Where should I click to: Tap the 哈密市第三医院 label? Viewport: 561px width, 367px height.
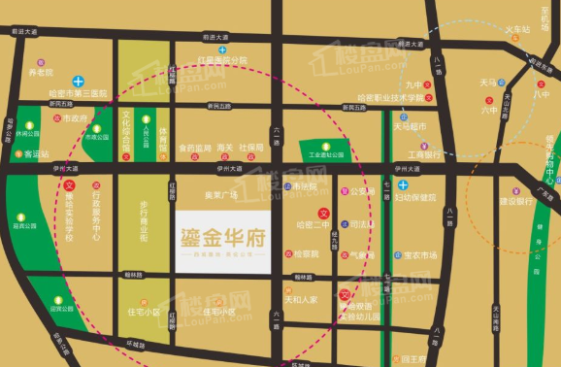[77, 93]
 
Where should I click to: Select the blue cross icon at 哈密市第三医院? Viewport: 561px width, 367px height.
[90, 81]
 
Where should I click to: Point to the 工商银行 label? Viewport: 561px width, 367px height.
[424, 153]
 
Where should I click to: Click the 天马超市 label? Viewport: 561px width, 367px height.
[410, 126]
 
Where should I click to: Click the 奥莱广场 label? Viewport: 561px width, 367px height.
[220, 194]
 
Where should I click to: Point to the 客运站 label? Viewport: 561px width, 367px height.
[36, 153]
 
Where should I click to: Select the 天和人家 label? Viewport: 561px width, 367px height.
[301, 300]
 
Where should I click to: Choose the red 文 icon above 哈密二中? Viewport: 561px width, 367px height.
[324, 213]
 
